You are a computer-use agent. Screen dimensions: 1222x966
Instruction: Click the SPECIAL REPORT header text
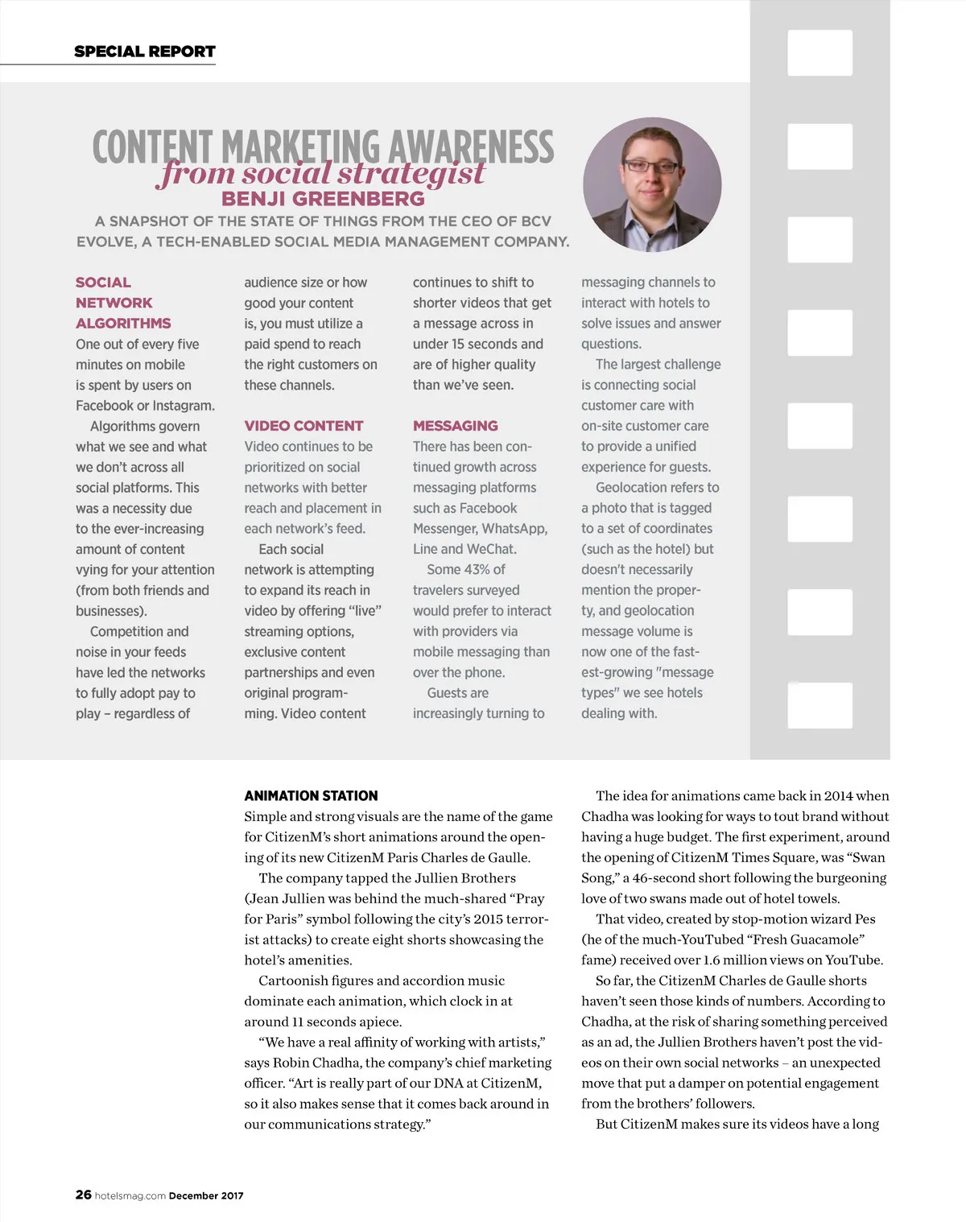pos(145,52)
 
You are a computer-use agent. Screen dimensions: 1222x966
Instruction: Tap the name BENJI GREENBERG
pos(323,199)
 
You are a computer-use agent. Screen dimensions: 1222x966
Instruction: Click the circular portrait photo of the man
pos(652,185)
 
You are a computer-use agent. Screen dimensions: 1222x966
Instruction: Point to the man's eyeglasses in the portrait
pos(652,166)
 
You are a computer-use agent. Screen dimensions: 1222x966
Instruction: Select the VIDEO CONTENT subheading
pos(303,426)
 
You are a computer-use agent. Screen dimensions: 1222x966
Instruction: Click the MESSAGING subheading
pos(455,426)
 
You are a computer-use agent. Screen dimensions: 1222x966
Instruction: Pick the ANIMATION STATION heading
pos(311,795)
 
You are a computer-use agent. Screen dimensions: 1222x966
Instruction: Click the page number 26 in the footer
pos(83,1195)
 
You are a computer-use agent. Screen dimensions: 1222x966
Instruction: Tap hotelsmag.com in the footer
pos(130,1195)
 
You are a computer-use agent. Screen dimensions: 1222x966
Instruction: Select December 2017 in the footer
pos(206,1195)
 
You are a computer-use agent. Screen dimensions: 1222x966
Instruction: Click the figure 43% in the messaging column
pos(477,569)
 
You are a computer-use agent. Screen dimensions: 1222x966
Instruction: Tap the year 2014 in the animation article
pos(838,795)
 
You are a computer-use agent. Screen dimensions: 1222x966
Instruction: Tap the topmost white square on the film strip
pos(819,53)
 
